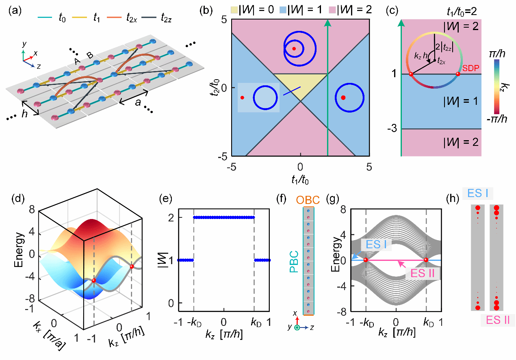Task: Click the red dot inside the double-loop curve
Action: (294, 48)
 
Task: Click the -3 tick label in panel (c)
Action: (393, 129)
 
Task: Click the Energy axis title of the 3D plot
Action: (18, 252)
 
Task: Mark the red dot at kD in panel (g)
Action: (426, 260)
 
